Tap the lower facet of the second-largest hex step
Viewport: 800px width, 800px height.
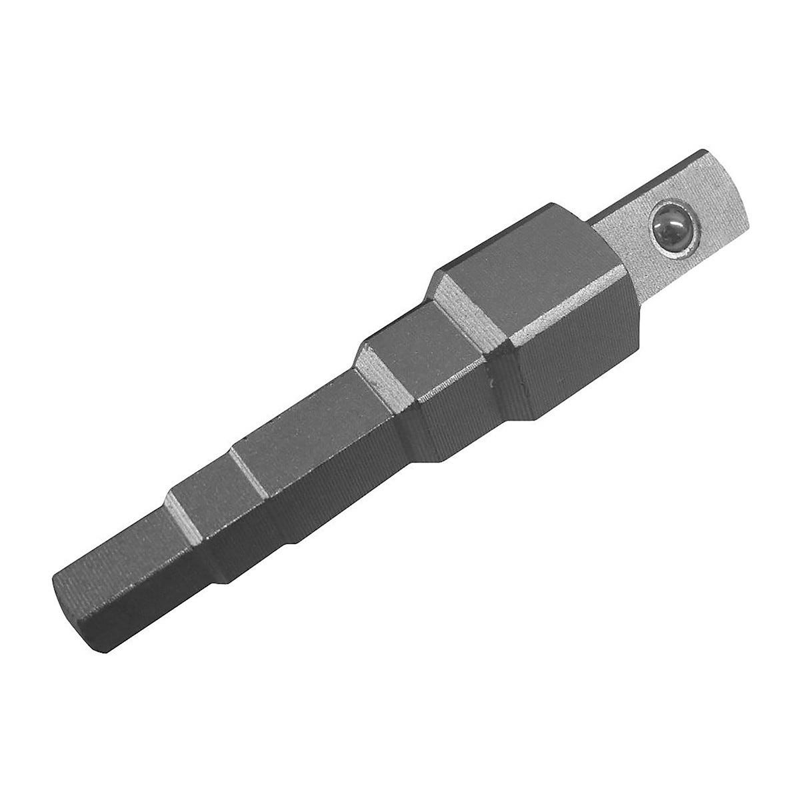[x=467, y=413]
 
